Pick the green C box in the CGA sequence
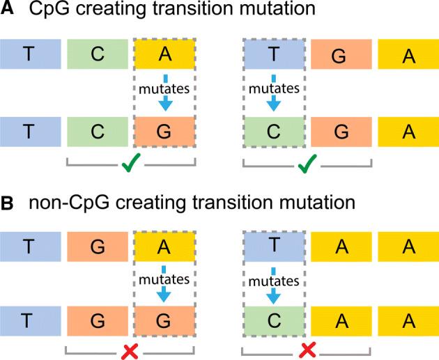click(274, 132)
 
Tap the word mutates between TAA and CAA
click(275, 279)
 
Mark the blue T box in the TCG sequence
click(29, 132)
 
